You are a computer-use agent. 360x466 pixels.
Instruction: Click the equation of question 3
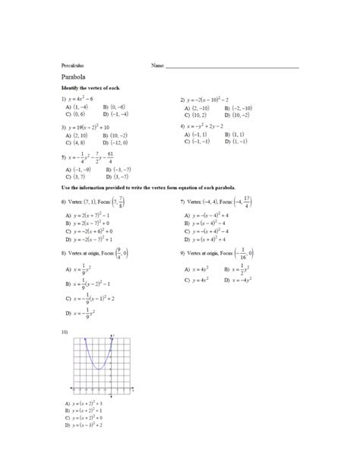[x=90, y=127]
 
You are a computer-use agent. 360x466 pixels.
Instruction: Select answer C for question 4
[x=196, y=141]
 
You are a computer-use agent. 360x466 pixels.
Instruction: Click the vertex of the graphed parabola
[x=99, y=369]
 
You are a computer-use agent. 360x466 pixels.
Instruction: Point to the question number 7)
[x=183, y=202]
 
